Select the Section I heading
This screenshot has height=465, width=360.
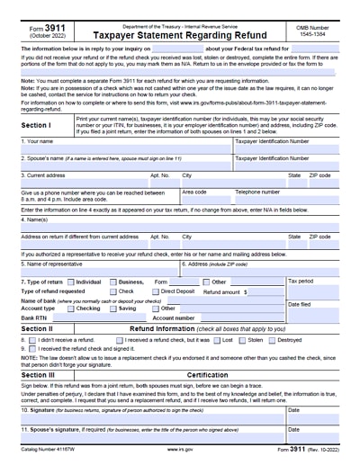coord(36,126)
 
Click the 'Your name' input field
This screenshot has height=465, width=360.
coord(126,149)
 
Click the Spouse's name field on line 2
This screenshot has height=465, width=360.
coord(126,165)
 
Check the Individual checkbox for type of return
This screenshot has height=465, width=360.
coord(71,282)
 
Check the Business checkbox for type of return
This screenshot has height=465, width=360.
coord(113,282)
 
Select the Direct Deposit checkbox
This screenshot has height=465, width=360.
coord(156,291)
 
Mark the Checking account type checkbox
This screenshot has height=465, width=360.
coord(71,308)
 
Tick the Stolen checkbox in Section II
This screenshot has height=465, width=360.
coord(240,341)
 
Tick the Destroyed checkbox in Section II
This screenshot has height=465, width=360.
coord(272,341)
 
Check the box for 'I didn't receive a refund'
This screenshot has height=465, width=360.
coord(33,341)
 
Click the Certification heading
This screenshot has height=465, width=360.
coord(207,374)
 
